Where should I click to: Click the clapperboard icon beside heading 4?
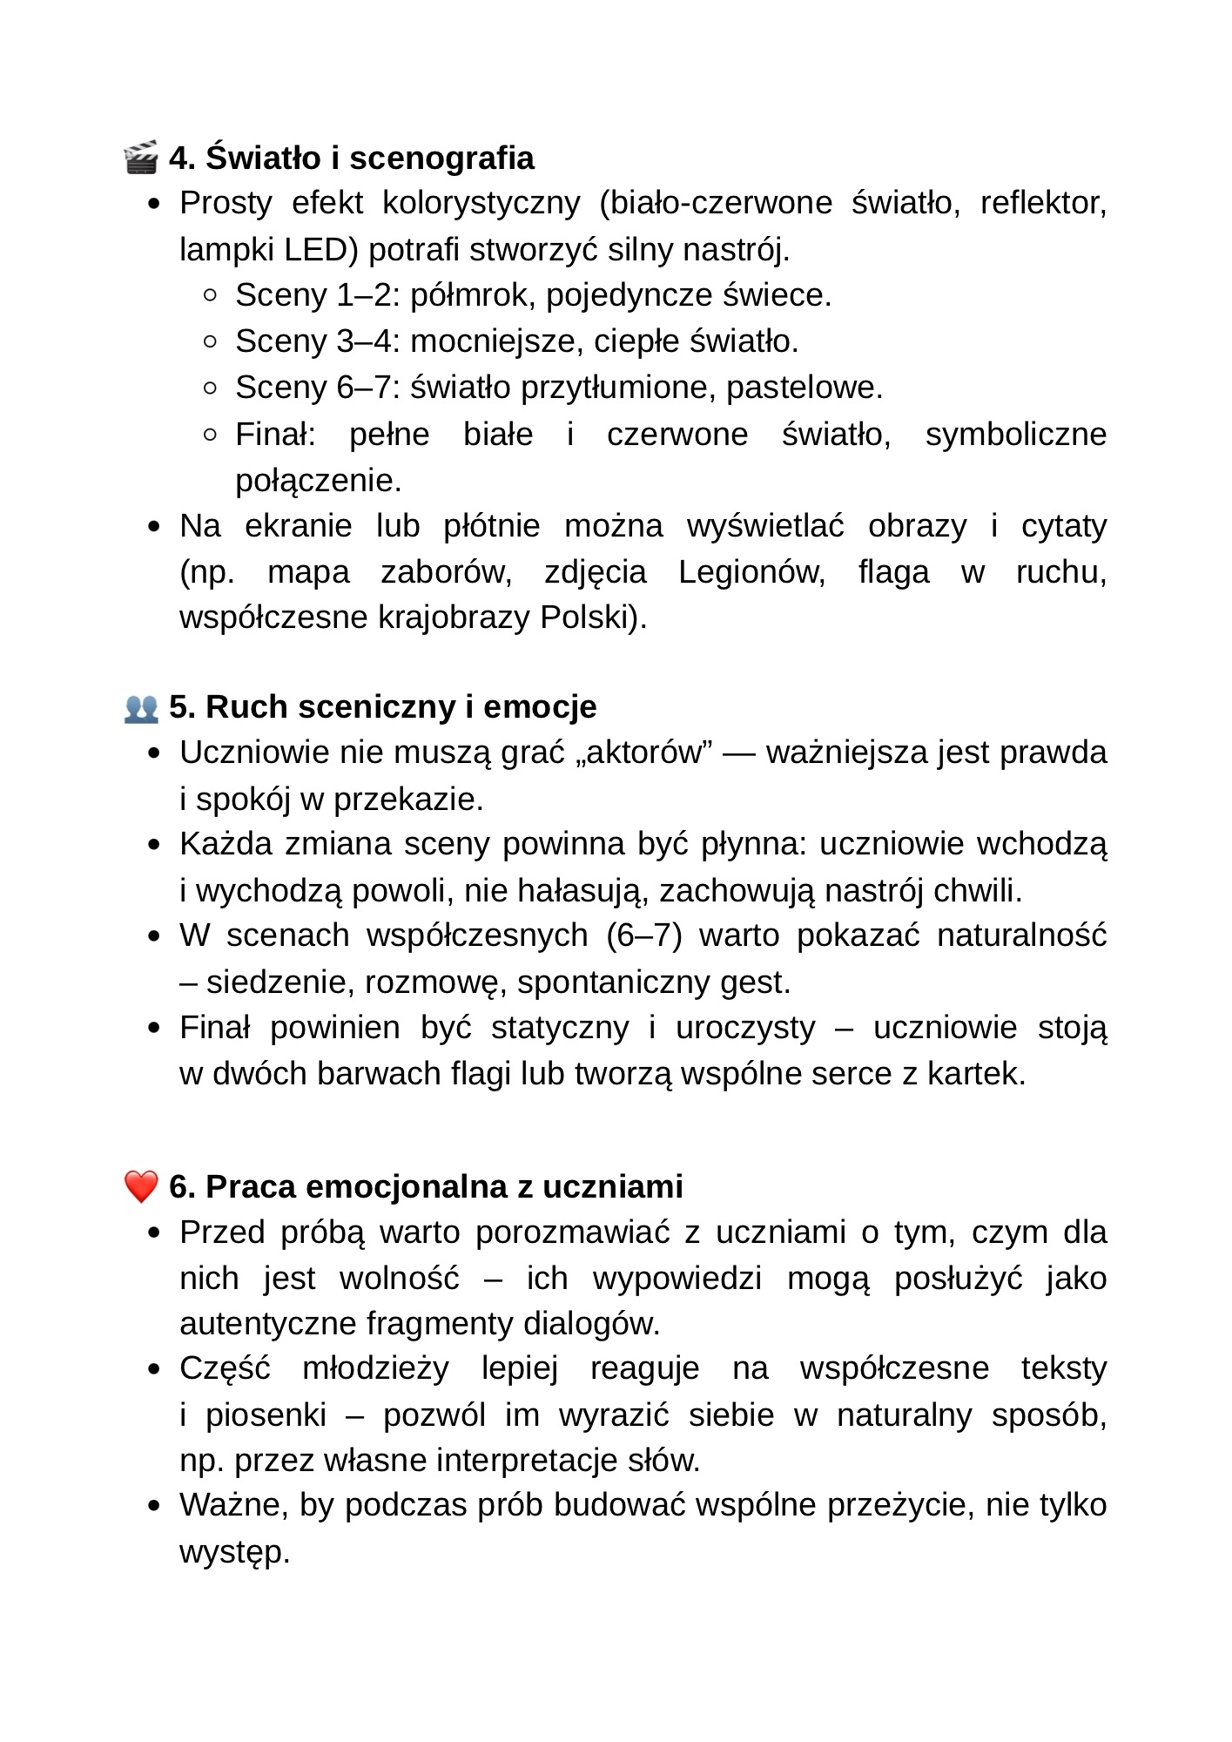point(141,158)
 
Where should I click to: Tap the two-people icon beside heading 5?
point(141,707)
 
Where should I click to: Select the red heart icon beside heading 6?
point(141,1186)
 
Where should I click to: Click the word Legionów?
point(751,572)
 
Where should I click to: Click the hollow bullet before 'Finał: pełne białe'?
point(210,434)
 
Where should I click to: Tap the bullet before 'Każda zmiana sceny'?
point(154,845)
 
